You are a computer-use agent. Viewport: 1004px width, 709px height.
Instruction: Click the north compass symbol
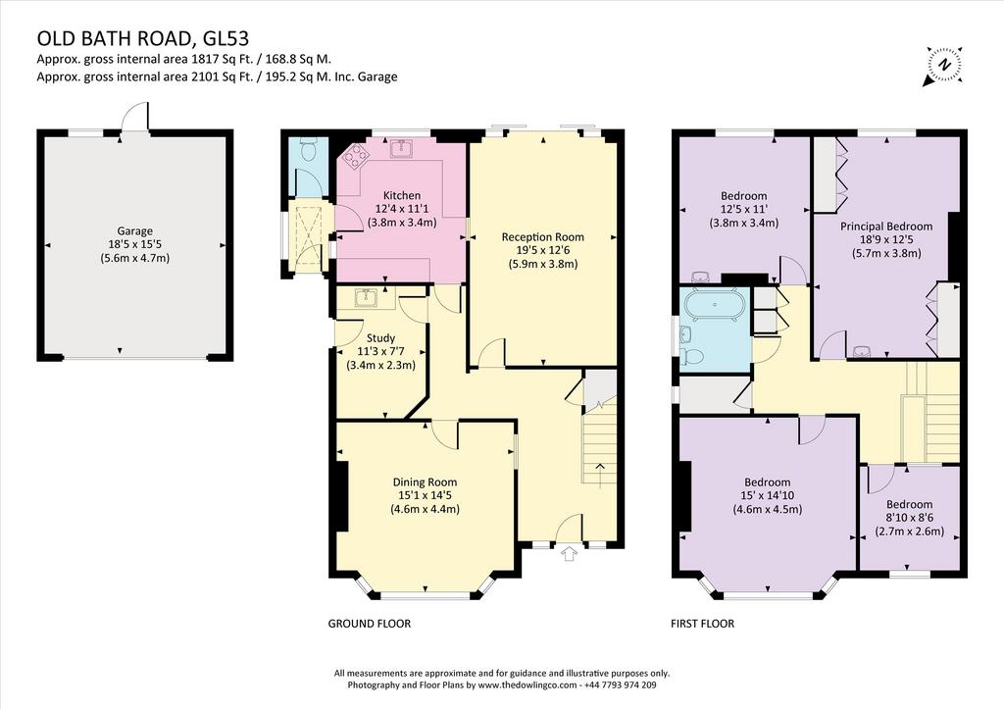click(943, 66)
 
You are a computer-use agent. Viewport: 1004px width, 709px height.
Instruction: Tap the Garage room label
click(134, 231)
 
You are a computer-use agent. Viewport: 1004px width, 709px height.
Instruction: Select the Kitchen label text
click(402, 195)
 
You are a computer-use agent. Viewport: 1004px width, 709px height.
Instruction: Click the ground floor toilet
click(306, 150)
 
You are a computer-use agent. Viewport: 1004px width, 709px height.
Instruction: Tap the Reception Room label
click(542, 237)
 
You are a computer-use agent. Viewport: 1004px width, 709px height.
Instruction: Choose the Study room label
click(380, 337)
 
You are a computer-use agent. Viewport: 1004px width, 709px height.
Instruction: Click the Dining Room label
click(425, 482)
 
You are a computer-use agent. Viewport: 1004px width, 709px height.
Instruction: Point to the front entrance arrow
click(569, 554)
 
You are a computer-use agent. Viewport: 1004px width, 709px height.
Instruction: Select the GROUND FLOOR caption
click(370, 623)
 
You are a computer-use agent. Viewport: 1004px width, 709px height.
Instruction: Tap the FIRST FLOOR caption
click(702, 623)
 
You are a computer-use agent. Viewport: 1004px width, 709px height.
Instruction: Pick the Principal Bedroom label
click(886, 227)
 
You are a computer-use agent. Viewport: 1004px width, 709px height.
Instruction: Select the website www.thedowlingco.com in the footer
click(527, 684)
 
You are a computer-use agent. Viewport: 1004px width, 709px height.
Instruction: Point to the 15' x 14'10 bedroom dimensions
click(767, 495)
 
